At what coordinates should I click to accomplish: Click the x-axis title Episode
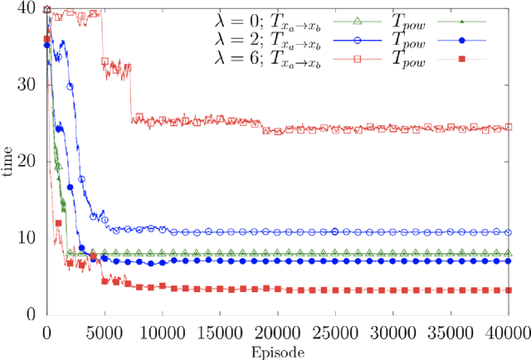click(278, 352)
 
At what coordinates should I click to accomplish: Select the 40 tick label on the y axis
click(31, 8)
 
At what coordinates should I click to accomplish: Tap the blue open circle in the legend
click(359, 39)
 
